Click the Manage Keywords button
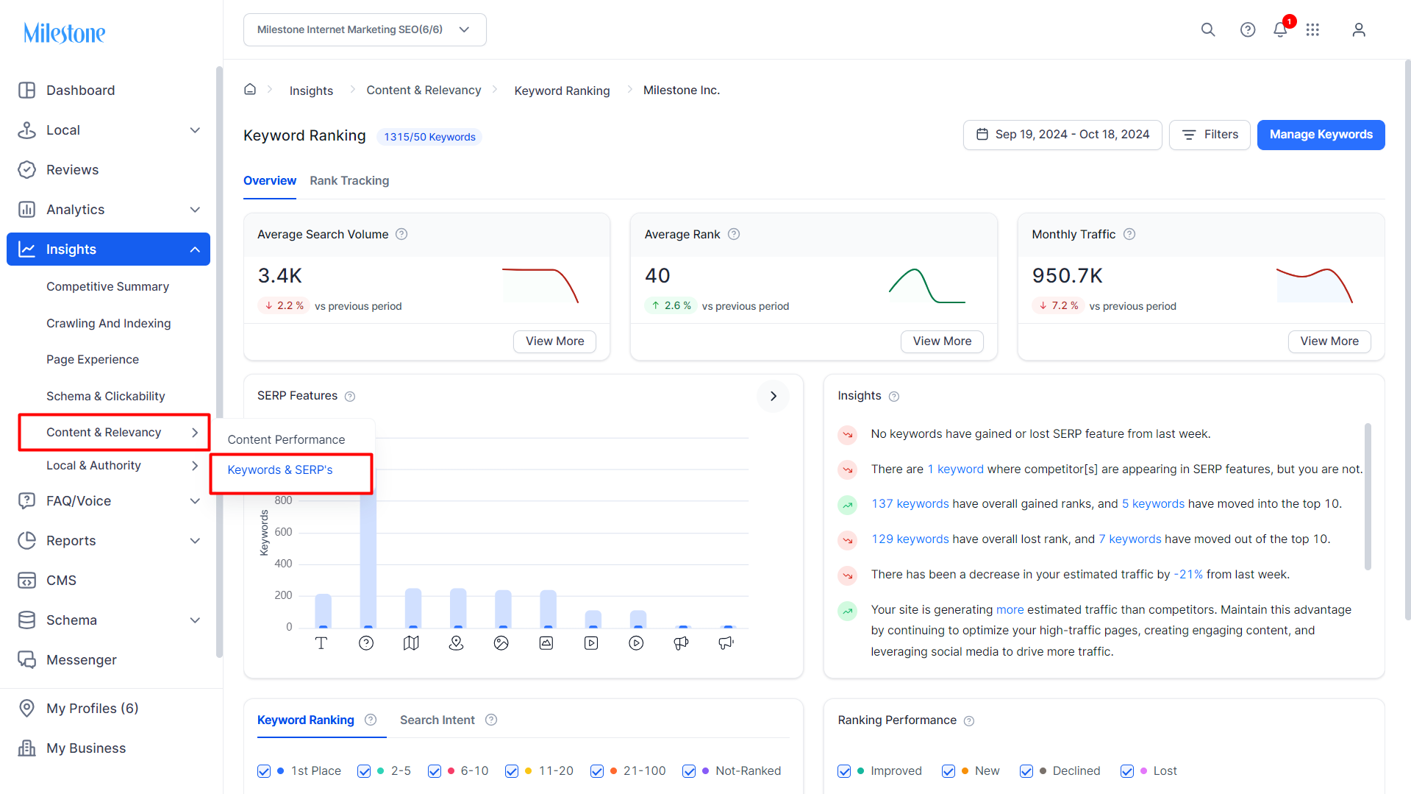coord(1321,135)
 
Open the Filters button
coord(1210,135)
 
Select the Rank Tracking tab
coord(349,181)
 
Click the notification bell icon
coord(1280,29)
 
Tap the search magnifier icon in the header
coord(1208,29)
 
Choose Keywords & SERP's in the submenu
coord(280,470)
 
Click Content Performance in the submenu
coord(286,439)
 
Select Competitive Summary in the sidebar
coord(107,286)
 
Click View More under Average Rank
coord(942,341)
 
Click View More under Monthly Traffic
coord(1329,341)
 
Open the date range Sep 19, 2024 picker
coord(1062,135)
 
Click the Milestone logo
coord(65,32)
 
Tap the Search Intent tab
coord(437,720)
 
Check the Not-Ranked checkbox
coord(689,771)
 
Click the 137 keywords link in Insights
coord(910,504)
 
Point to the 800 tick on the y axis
coord(283,500)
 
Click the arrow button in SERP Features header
coord(773,396)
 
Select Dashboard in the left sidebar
coord(80,91)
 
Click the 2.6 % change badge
coord(671,305)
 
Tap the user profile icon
coord(1359,29)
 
